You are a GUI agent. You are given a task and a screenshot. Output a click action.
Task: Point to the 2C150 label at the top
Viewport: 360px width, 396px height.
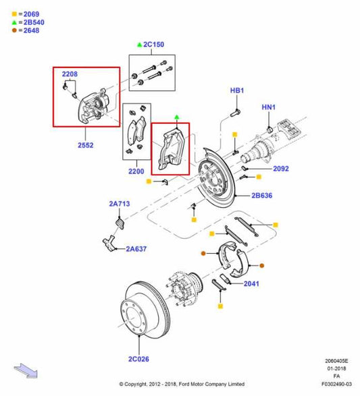(153, 45)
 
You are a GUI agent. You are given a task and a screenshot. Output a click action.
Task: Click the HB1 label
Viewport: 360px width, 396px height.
(237, 90)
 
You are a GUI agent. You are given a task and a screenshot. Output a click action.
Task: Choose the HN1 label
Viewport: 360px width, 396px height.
(269, 107)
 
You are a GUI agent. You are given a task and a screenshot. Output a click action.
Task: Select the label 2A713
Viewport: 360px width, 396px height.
(119, 202)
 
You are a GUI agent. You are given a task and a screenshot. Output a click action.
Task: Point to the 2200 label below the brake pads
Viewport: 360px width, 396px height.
(137, 171)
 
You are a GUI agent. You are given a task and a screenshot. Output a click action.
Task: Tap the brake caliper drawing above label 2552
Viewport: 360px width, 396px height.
(94, 107)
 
